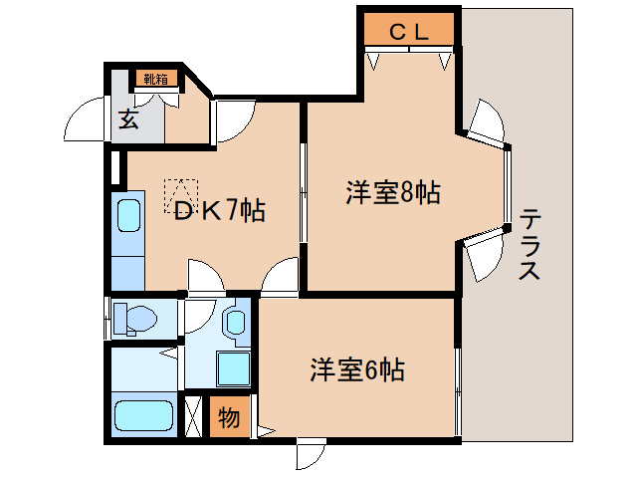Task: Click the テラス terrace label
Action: [x=529, y=244]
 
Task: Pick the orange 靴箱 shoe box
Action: [x=155, y=79]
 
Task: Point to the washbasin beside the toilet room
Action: [x=236, y=321]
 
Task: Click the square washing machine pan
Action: [x=233, y=369]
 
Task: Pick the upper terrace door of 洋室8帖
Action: [x=486, y=125]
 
